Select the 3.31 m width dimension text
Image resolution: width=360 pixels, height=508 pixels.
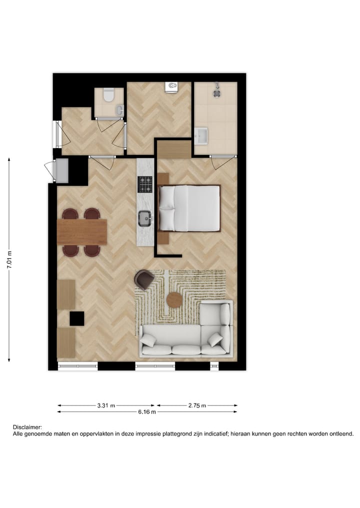click(106, 406)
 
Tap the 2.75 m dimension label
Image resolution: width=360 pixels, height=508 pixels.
click(197, 406)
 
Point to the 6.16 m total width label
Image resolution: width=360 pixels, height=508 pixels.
click(146, 412)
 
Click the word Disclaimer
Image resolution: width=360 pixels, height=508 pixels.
click(27, 428)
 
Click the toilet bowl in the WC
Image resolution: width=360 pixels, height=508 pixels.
click(108, 94)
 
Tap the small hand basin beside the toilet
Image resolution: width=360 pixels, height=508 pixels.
click(119, 109)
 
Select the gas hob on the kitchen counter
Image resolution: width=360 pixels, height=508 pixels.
click(145, 185)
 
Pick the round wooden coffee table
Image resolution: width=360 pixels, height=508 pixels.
click(174, 299)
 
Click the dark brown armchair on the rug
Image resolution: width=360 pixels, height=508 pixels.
click(144, 279)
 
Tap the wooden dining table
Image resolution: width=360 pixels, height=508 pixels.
click(82, 232)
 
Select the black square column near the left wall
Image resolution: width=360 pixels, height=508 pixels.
click(77, 318)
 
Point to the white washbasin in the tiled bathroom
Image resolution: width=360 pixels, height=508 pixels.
click(202, 135)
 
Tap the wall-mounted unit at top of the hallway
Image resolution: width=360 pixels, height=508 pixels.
click(171, 87)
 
